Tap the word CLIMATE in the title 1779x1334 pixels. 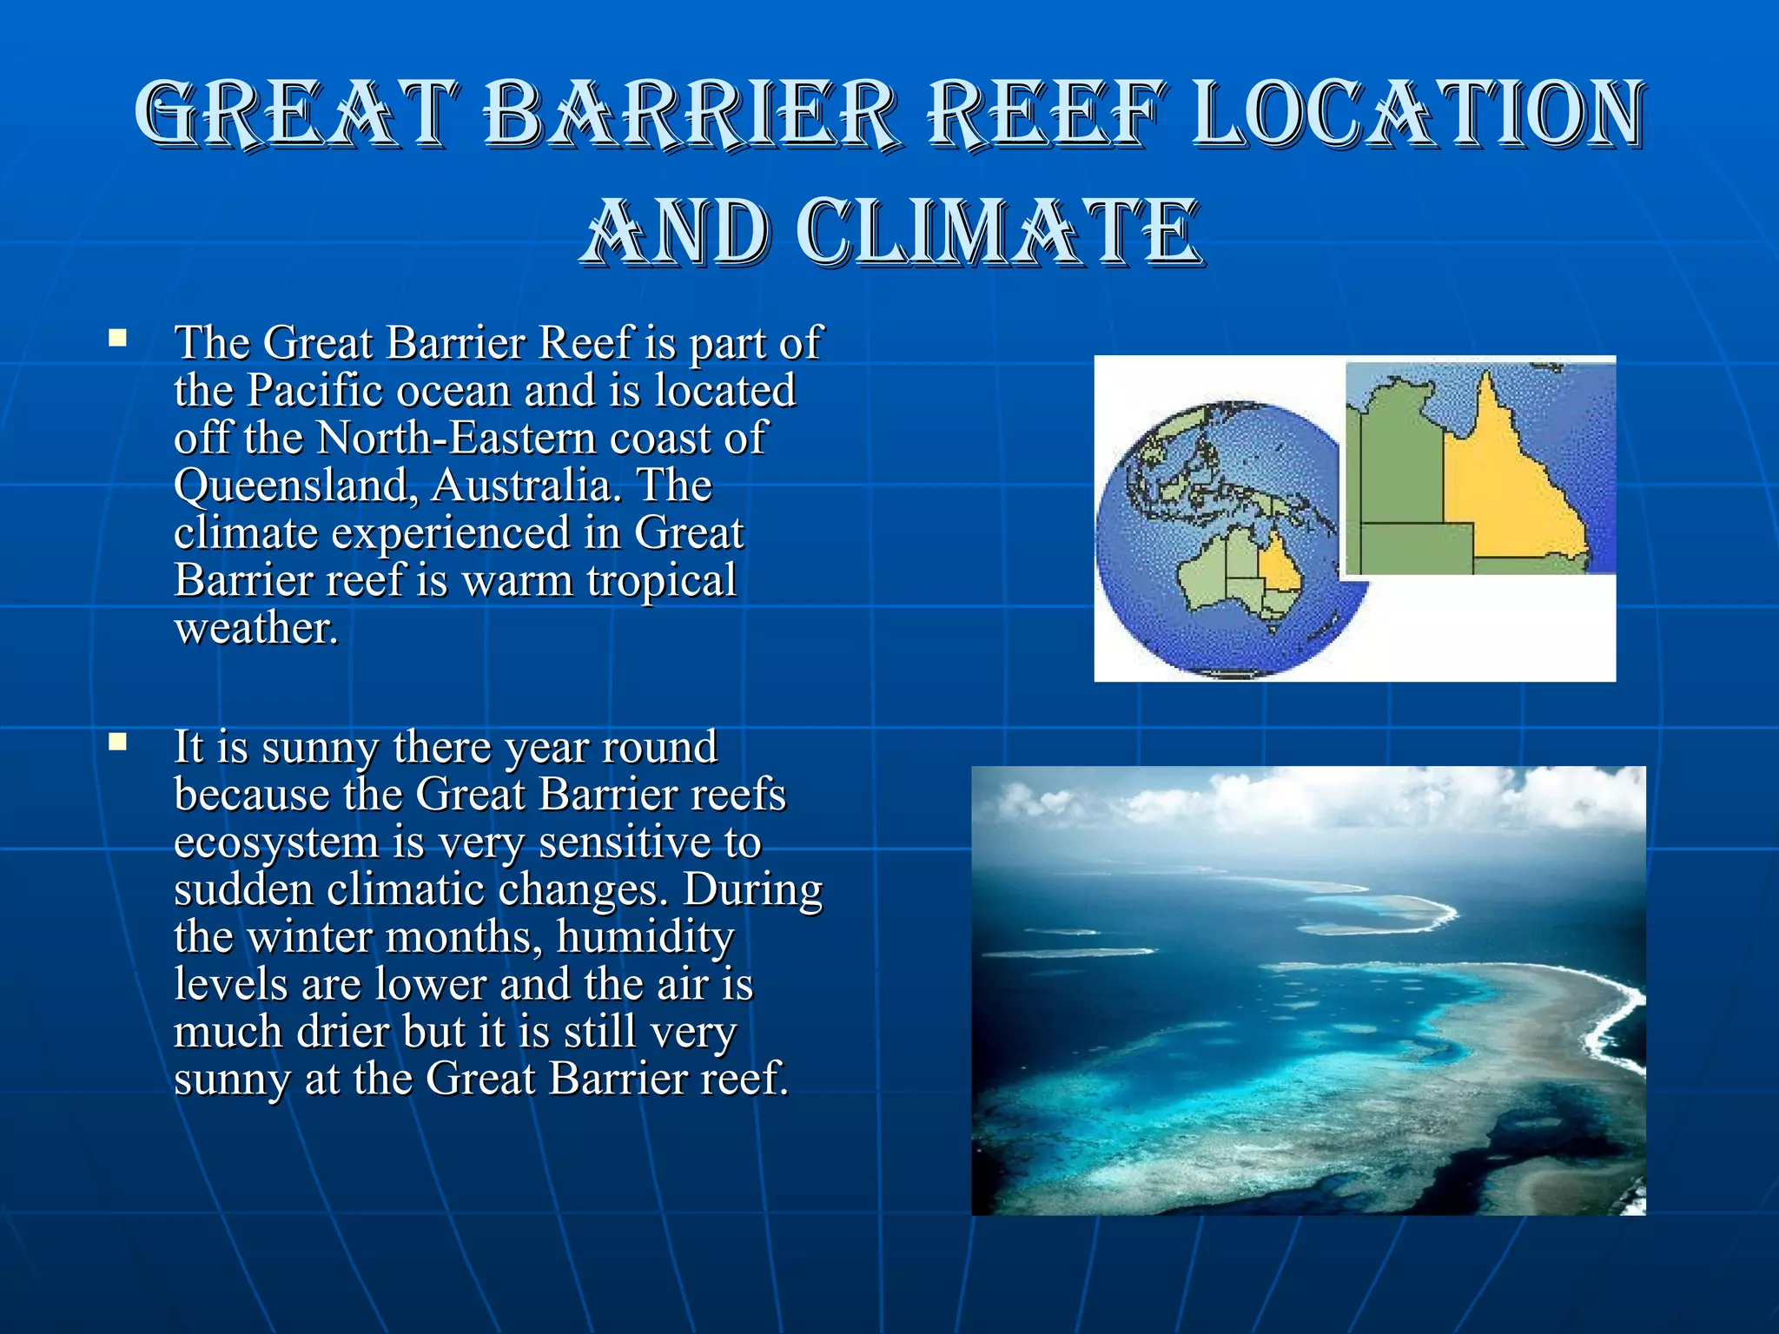[x=1000, y=233]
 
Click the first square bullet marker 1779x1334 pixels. [x=117, y=338]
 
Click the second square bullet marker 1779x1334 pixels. [x=117, y=742]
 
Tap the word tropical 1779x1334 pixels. [x=661, y=581]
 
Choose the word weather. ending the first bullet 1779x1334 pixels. [x=255, y=628]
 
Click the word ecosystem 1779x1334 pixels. [x=276, y=842]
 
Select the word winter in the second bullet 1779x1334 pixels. [x=309, y=937]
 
